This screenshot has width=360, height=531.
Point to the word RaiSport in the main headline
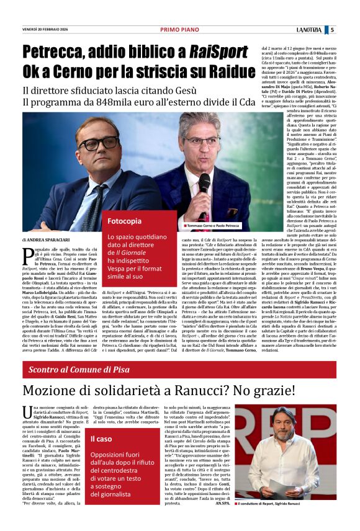(202, 51)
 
